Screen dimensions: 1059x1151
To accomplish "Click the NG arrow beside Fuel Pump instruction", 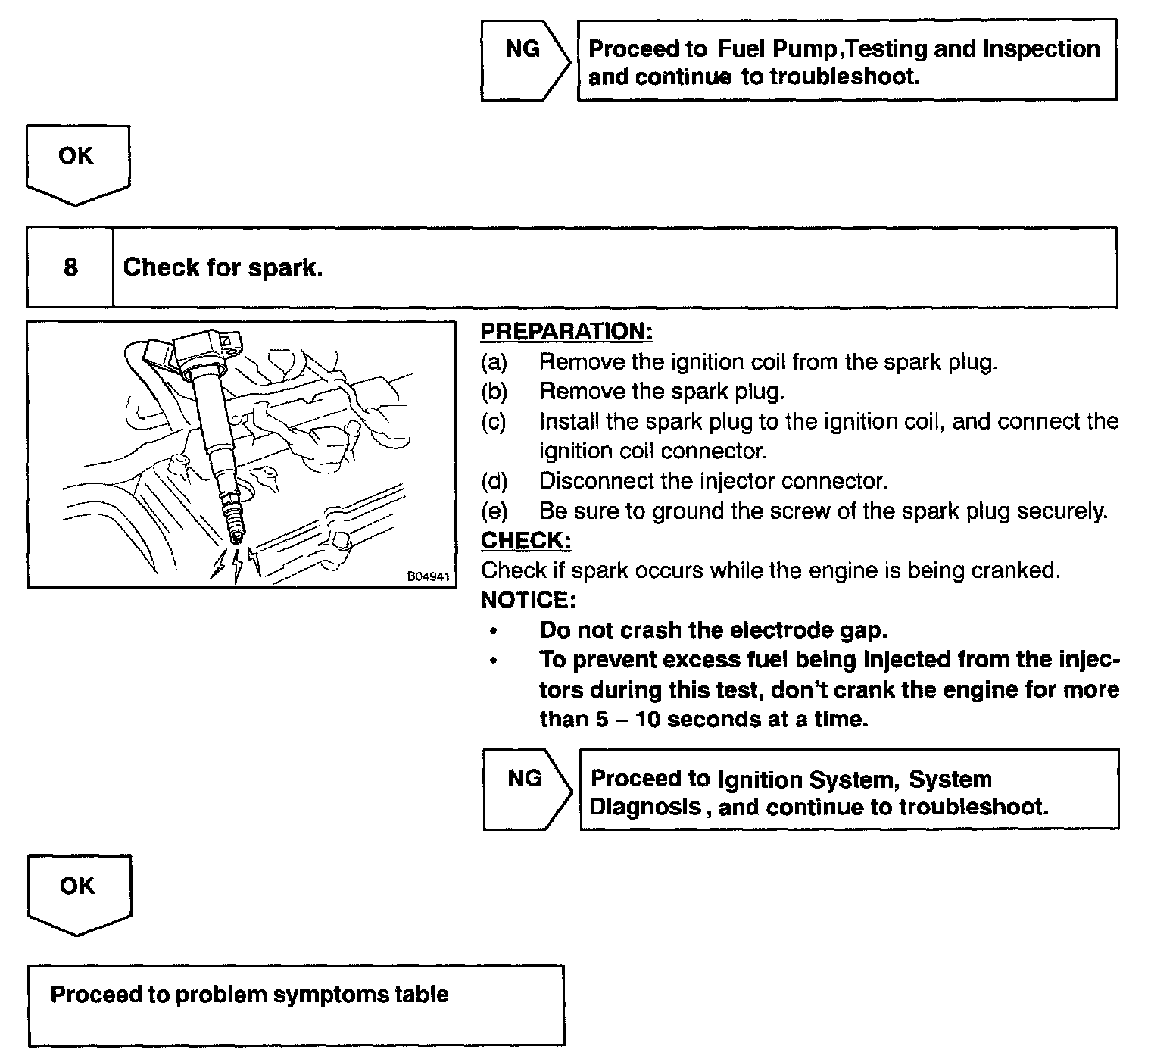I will pos(524,60).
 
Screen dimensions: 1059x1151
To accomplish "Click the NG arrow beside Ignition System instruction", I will pos(526,789).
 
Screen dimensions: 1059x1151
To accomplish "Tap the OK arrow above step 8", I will pos(77,162).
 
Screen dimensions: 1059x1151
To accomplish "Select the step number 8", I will pos(70,267).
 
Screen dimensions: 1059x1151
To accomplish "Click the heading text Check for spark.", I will pos(223,267).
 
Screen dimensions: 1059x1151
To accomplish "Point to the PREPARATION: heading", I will pos(566,332).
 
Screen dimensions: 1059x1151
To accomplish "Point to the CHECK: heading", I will pos(526,541).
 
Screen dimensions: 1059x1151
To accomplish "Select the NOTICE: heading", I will pos(528,601).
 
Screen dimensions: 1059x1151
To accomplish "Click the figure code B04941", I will pos(429,576).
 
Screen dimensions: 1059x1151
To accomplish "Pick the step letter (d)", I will pos(494,481).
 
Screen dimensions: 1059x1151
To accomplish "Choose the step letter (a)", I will pos(494,362).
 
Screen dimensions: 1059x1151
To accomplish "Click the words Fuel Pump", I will pos(778,49).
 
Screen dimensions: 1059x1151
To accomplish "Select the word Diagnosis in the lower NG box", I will pos(645,807).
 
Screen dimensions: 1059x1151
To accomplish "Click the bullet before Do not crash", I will pos(494,630).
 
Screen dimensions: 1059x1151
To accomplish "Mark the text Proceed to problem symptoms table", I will pos(249,995).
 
